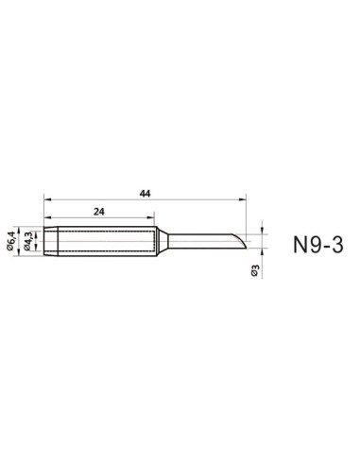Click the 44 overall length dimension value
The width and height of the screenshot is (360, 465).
[145, 193]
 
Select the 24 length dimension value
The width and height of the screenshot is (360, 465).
[98, 213]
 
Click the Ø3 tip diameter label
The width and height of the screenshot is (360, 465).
[256, 271]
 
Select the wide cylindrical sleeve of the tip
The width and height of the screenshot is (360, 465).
[99, 244]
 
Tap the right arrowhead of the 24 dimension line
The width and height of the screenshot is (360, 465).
[152, 219]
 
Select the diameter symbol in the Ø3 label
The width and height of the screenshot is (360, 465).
[256, 276]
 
